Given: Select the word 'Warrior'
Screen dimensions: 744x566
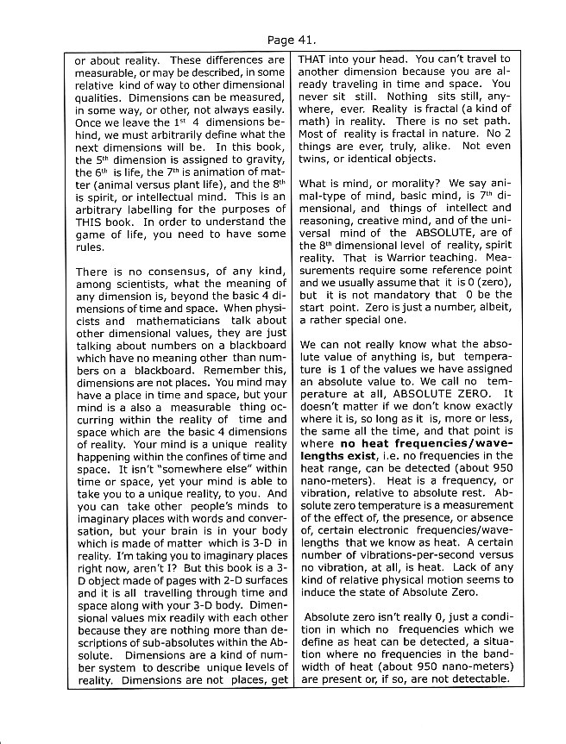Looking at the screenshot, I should pyautogui.click(x=396, y=258).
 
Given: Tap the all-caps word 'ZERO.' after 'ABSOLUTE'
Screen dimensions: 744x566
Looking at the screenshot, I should pyautogui.click(x=469, y=394).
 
